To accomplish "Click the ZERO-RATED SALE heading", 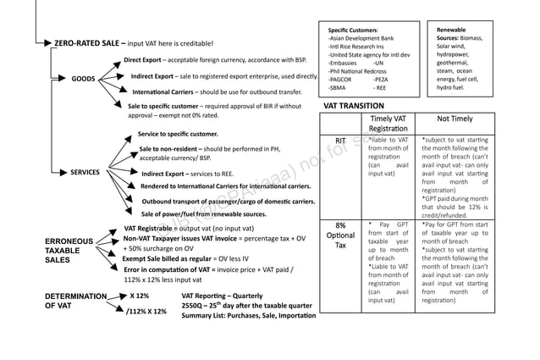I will [x=90, y=43].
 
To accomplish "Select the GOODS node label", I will [x=83, y=79].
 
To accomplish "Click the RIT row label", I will [x=340, y=140].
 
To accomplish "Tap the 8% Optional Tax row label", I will [x=340, y=235].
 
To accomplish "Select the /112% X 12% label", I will [x=146, y=312].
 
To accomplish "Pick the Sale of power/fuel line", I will [x=203, y=214].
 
